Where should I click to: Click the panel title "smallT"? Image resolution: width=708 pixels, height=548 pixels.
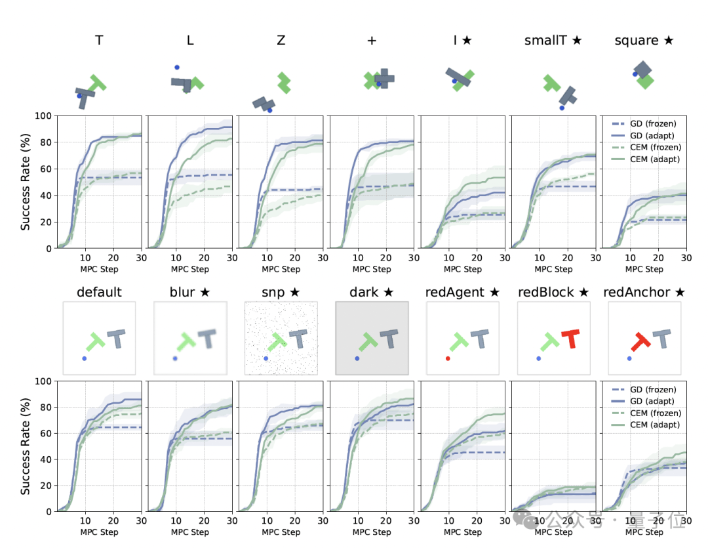click(545, 40)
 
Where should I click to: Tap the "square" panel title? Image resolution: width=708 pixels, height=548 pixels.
click(636, 41)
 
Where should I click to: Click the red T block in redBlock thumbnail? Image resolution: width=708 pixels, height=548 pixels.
click(571, 339)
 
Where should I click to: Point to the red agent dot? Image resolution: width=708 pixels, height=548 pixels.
click(448, 358)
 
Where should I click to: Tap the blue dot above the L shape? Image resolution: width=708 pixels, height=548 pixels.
click(177, 68)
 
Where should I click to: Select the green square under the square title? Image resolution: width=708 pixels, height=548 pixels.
click(645, 81)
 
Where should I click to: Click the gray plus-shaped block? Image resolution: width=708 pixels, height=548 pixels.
click(384, 79)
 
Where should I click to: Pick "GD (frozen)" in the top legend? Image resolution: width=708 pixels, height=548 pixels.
click(653, 124)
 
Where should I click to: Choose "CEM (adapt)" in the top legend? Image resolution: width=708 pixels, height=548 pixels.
click(655, 159)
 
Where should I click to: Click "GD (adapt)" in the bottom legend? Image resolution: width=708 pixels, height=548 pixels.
click(652, 401)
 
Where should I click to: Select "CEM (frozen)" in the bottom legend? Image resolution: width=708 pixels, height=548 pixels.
click(656, 413)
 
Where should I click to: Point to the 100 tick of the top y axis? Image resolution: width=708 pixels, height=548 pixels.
click(43, 116)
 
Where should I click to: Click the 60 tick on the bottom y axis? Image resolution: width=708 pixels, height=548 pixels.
click(47, 433)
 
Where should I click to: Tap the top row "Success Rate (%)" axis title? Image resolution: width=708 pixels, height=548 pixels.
click(26, 182)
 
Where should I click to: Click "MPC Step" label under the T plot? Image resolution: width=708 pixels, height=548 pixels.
click(100, 269)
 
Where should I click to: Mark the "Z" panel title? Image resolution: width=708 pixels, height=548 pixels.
click(281, 40)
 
